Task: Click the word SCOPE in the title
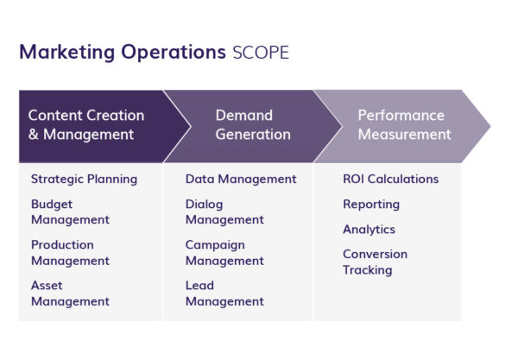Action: (x=261, y=53)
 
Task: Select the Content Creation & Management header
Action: (x=86, y=125)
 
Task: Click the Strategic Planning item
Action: (x=84, y=180)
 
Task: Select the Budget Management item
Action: (x=70, y=212)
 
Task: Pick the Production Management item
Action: (x=70, y=253)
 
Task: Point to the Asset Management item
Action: (x=70, y=294)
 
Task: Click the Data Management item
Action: (x=241, y=180)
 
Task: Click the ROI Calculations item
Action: (x=390, y=180)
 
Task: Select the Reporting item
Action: (x=371, y=205)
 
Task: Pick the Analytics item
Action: (x=369, y=230)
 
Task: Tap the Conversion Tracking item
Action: (x=375, y=262)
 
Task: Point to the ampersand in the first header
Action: (x=34, y=135)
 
